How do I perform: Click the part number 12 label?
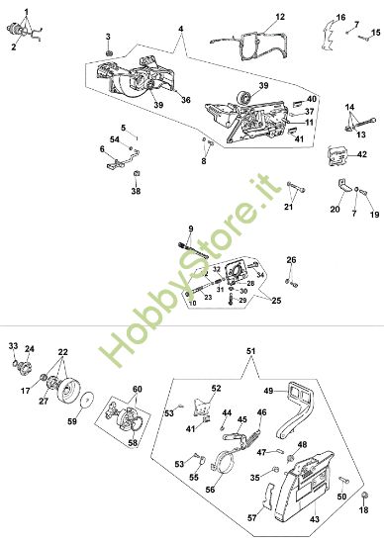point(280,17)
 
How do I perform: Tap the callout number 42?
point(362,154)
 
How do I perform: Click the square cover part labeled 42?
point(336,156)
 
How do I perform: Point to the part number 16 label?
point(340,18)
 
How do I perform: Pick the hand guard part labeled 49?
point(296,409)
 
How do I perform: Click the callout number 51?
point(250,351)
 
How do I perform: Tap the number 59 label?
point(72,421)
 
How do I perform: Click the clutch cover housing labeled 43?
point(306,486)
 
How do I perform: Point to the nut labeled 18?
point(364,497)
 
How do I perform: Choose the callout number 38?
point(136,191)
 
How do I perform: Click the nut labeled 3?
point(109,53)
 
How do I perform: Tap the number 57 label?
point(252,518)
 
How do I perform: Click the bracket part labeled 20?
point(343,186)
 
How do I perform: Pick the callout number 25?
point(276,300)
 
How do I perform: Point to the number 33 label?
point(13,346)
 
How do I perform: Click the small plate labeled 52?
point(203,407)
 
